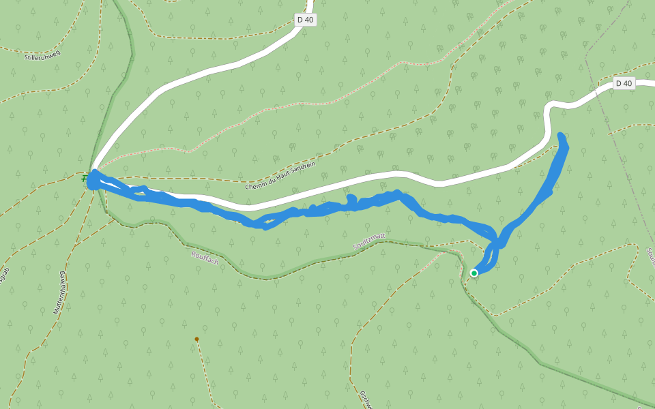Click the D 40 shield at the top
tap(306, 20)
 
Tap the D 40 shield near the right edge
tap(624, 83)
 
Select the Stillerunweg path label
tap(42, 55)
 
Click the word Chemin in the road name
tap(256, 185)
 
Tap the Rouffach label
tap(205, 258)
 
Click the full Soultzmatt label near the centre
tap(369, 241)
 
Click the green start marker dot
tap(474, 273)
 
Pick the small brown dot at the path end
tap(196, 339)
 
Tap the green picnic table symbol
tap(85, 179)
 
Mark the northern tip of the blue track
tap(561, 136)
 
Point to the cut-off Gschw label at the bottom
tap(365, 399)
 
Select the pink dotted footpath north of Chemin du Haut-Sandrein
tap(273, 109)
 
